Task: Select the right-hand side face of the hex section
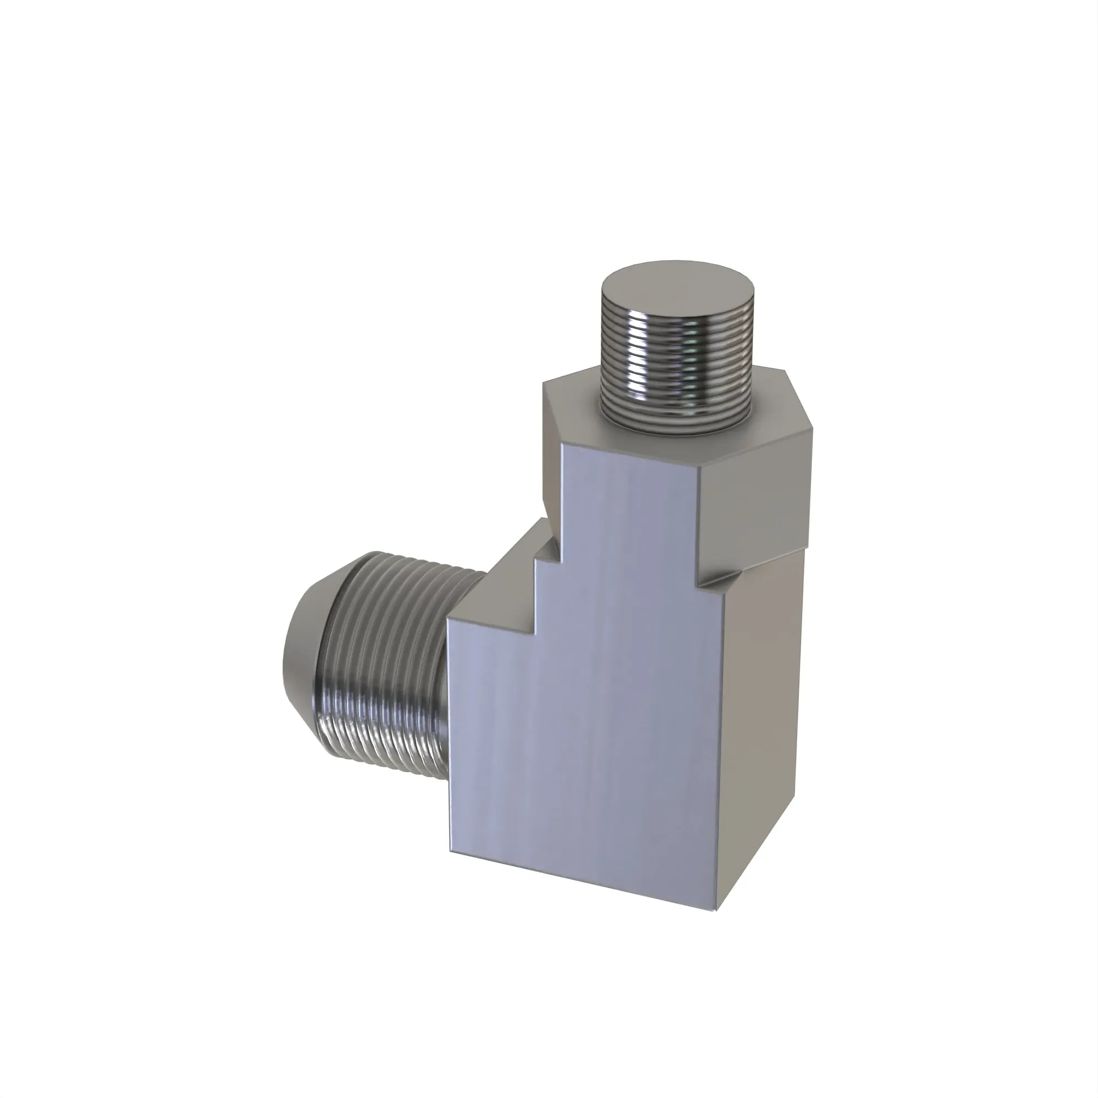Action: tap(753, 495)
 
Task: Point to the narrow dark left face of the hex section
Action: tap(551, 455)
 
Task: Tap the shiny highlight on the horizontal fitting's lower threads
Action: tap(364, 733)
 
